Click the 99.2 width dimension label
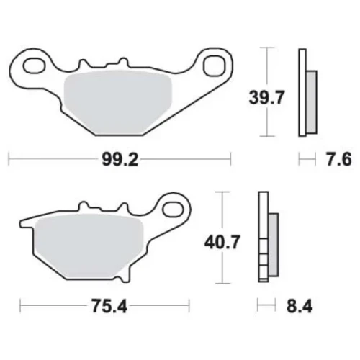pyautogui.click(x=120, y=160)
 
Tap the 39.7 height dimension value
pyautogui.click(x=266, y=98)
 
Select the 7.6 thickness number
pyautogui.click(x=339, y=159)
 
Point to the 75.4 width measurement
pyautogui.click(x=109, y=306)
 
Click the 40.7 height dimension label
pyautogui.click(x=222, y=243)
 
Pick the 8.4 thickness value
pyautogui.click(x=300, y=306)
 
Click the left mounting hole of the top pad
pyautogui.click(x=34, y=66)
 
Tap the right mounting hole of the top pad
pyautogui.click(x=215, y=65)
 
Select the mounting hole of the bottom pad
pyautogui.click(x=173, y=209)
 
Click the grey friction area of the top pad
pyautogui.click(x=118, y=103)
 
